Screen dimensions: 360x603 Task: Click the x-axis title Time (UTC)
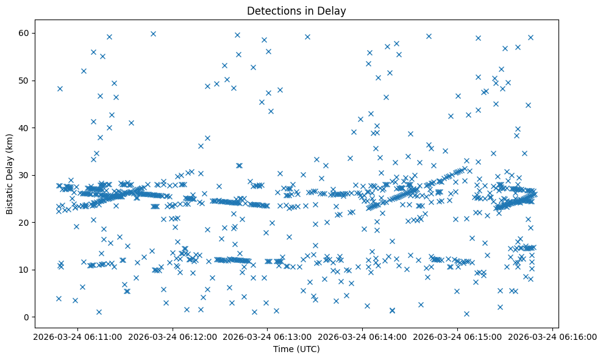tap(296, 349)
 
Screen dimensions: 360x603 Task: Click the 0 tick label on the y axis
tap(27, 317)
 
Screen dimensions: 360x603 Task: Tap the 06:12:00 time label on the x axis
tap(171, 336)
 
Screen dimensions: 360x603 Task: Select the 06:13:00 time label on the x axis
tap(267, 336)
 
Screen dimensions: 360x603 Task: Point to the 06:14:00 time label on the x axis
tap(362, 336)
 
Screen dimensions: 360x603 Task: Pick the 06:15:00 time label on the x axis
tap(457, 336)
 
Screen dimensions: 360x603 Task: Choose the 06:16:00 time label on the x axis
tap(552, 336)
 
